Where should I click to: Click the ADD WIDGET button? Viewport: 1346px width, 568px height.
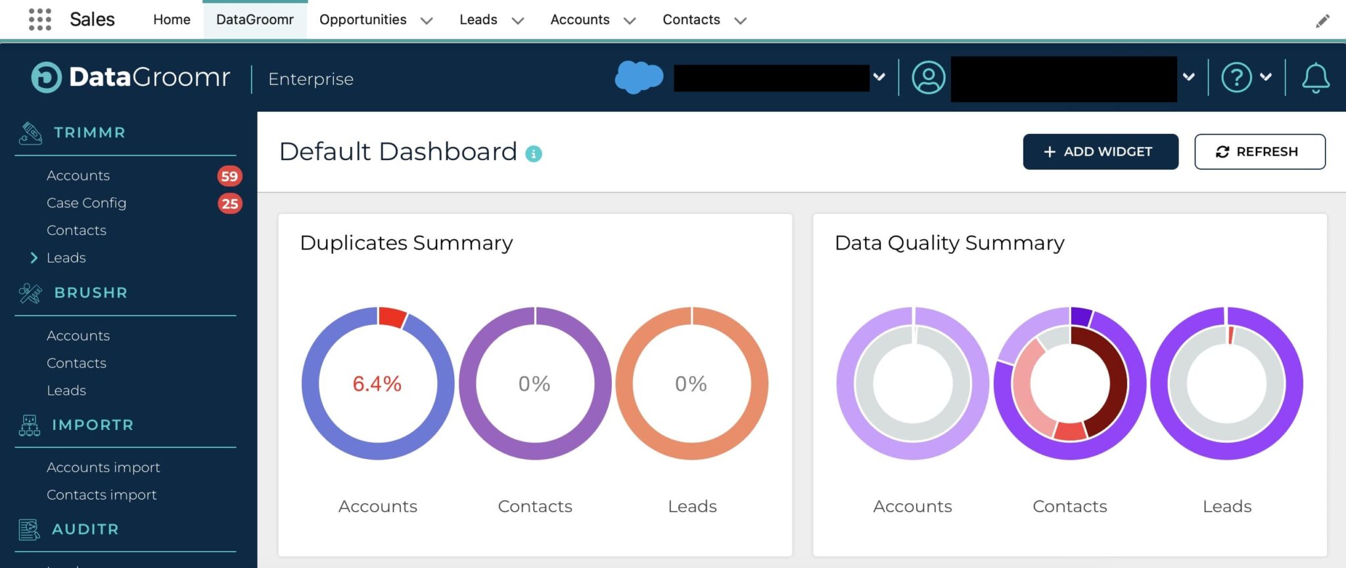coord(1100,152)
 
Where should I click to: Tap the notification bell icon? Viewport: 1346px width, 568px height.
coord(1315,78)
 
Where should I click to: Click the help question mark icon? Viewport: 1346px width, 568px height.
coord(1236,78)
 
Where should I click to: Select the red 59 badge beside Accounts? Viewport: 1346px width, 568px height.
coord(229,176)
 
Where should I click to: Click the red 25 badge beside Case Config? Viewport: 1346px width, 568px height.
coord(229,204)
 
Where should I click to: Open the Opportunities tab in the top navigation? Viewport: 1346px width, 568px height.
coord(363,20)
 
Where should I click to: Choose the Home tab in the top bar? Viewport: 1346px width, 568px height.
coord(172,20)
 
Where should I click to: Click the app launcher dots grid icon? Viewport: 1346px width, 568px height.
coord(40,20)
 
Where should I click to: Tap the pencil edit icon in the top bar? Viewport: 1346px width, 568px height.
coord(1322,21)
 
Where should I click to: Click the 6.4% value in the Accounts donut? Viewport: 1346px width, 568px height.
coord(377,383)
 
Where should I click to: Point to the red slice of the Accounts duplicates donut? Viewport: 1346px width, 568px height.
coord(392,317)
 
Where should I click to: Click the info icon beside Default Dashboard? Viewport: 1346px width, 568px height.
coord(534,154)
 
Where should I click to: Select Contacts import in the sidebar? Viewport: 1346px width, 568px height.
coord(101,494)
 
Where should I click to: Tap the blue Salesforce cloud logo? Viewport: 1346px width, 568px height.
coord(638,77)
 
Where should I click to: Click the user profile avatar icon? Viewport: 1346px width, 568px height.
coord(928,78)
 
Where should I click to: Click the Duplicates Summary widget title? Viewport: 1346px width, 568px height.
coord(406,243)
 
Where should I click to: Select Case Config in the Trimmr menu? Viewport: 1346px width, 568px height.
coord(86,203)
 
